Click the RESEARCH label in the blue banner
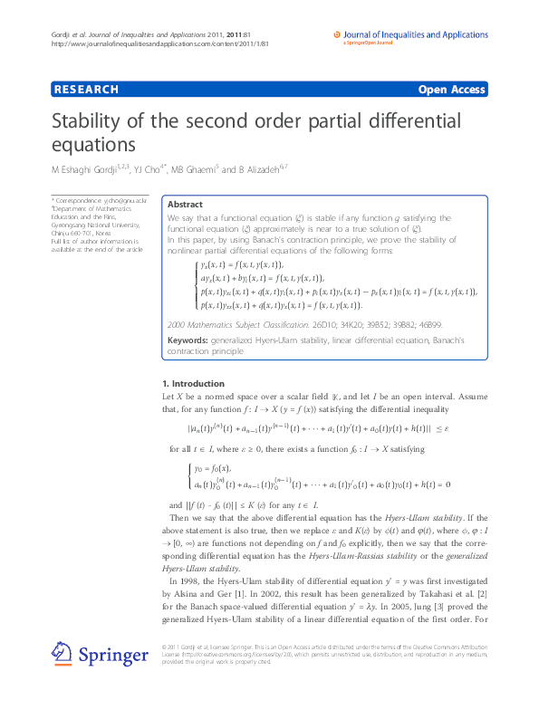pyautogui.click(x=86, y=90)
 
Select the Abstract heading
pyautogui.click(x=186, y=205)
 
